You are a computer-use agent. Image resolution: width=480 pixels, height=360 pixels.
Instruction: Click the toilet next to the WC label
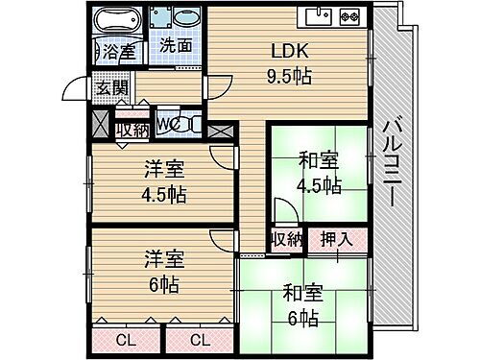tap(187, 124)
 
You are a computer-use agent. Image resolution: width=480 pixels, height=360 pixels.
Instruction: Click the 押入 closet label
tap(336, 238)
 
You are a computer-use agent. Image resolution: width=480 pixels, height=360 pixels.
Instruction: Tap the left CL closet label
tap(127, 339)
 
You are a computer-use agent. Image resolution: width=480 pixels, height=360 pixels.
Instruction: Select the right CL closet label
tap(200, 339)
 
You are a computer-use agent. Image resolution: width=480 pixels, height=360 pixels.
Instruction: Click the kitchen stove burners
tap(347, 15)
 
